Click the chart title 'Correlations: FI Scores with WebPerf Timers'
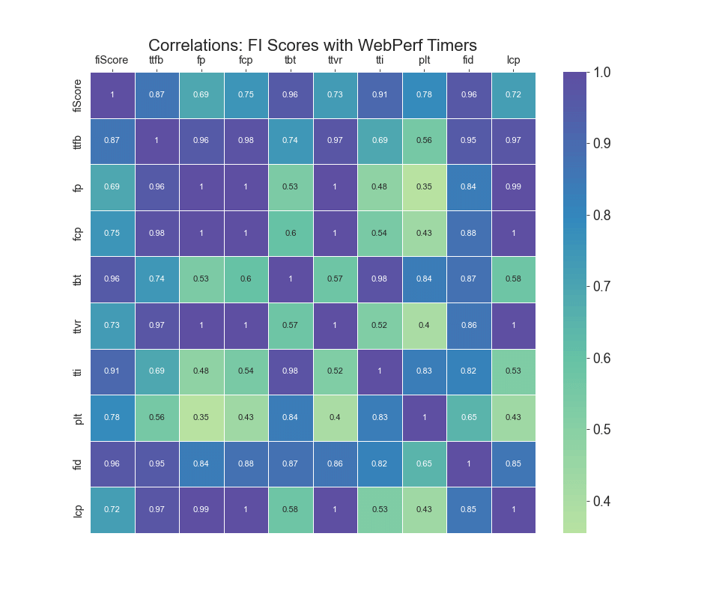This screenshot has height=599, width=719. (312, 46)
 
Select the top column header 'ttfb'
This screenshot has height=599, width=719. (157, 61)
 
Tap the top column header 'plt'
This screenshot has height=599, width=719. (424, 61)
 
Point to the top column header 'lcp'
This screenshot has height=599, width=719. (513, 61)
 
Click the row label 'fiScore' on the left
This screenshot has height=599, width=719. (78, 95)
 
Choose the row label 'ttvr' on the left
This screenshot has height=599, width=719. (78, 326)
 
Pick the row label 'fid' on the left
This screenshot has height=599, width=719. (78, 463)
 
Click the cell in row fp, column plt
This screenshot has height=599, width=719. (424, 187)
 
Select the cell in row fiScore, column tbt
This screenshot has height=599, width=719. (291, 95)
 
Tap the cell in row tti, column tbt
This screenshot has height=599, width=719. (291, 371)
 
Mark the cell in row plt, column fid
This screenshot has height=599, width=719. (469, 418)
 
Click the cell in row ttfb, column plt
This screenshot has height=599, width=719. (424, 141)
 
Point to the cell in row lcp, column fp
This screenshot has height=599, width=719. (201, 510)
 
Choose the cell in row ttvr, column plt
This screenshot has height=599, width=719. (424, 326)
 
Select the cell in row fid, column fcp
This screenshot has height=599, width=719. (246, 463)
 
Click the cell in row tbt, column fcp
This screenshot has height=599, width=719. (246, 279)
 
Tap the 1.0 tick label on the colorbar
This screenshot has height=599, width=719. (601, 73)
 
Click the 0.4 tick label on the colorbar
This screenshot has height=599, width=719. (601, 501)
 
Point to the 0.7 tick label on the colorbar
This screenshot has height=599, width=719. (601, 287)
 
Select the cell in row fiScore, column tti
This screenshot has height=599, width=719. (380, 95)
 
